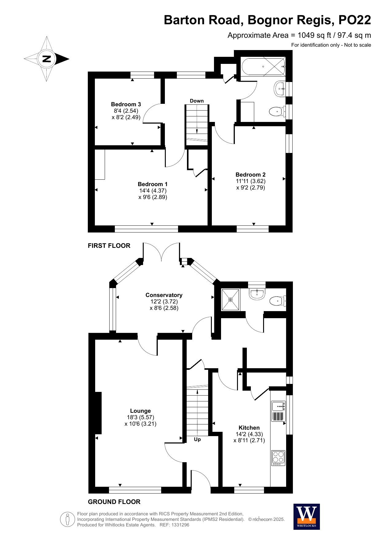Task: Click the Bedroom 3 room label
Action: (x=126, y=111)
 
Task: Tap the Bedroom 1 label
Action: (x=153, y=190)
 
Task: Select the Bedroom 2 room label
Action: (x=251, y=181)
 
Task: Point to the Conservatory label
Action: (x=164, y=301)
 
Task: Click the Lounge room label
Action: (x=140, y=417)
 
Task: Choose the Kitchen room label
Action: (x=249, y=434)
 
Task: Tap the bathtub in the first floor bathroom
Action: (x=264, y=66)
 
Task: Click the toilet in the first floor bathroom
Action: (x=277, y=111)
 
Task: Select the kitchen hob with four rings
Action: (x=278, y=458)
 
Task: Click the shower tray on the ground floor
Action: (x=231, y=299)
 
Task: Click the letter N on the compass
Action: (x=47, y=59)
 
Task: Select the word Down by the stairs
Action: (x=197, y=101)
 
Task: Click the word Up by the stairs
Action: (x=197, y=439)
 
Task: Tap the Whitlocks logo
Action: (x=306, y=517)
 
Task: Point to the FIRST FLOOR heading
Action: (x=109, y=246)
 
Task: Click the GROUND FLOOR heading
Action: (x=114, y=502)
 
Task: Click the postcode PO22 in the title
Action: (x=355, y=20)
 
